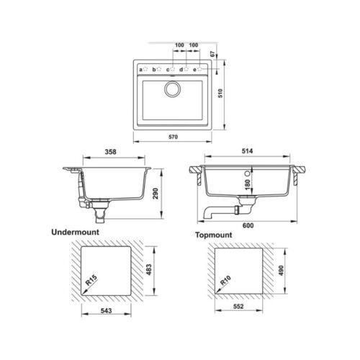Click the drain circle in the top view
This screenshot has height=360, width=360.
click(173, 90)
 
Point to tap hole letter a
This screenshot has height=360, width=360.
click(140, 70)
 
